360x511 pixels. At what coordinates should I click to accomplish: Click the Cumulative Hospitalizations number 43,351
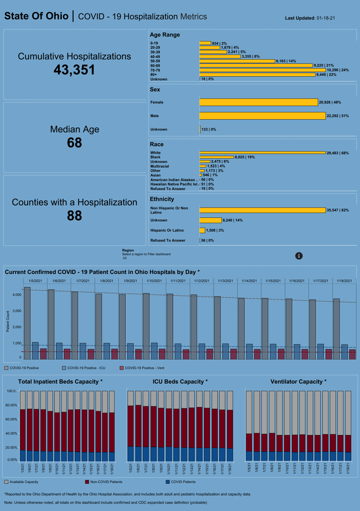tap(74, 70)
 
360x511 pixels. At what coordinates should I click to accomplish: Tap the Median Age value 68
tap(74, 143)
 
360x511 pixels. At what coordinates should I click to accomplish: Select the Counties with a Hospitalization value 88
tap(74, 216)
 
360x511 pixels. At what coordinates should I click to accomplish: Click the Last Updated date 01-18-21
tap(326, 18)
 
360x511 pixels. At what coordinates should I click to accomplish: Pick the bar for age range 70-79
tap(262, 70)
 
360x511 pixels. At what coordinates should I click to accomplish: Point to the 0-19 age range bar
tap(205, 43)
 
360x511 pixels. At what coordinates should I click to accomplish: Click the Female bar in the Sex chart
tap(258, 102)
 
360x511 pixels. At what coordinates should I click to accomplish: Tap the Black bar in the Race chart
tap(216, 157)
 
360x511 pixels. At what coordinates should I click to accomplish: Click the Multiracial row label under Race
tap(160, 166)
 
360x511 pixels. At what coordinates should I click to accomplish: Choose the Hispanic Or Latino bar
tap(202, 231)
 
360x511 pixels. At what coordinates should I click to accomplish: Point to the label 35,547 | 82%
tap(338, 210)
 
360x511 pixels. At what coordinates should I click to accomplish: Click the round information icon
tap(299, 256)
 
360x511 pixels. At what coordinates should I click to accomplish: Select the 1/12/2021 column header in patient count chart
tap(201, 281)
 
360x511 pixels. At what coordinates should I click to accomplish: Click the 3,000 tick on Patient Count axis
tap(17, 311)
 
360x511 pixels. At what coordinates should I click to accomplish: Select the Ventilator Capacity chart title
tap(298, 382)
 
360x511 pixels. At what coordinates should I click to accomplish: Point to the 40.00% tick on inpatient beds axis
tap(11, 434)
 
